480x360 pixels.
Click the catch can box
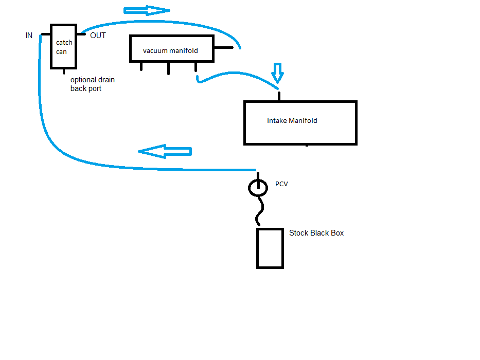[63, 47]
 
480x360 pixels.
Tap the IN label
[29, 35]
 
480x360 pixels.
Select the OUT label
[98, 35]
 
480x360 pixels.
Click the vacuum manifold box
[171, 49]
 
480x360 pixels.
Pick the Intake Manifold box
[300, 122]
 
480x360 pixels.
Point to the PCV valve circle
[258, 188]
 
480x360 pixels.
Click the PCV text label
[281, 184]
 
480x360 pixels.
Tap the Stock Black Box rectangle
[270, 248]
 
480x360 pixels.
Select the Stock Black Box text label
[316, 233]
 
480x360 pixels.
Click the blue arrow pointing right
[147, 10]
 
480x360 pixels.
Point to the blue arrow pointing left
[165, 151]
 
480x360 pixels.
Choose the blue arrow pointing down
[277, 73]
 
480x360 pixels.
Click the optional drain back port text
[92, 84]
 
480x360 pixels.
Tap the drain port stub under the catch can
[64, 71]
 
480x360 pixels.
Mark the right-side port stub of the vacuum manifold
[223, 48]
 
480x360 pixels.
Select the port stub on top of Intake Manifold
[279, 96]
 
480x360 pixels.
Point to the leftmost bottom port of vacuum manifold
[141, 66]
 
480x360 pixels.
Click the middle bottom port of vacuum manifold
[168, 68]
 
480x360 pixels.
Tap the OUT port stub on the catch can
[81, 34]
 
